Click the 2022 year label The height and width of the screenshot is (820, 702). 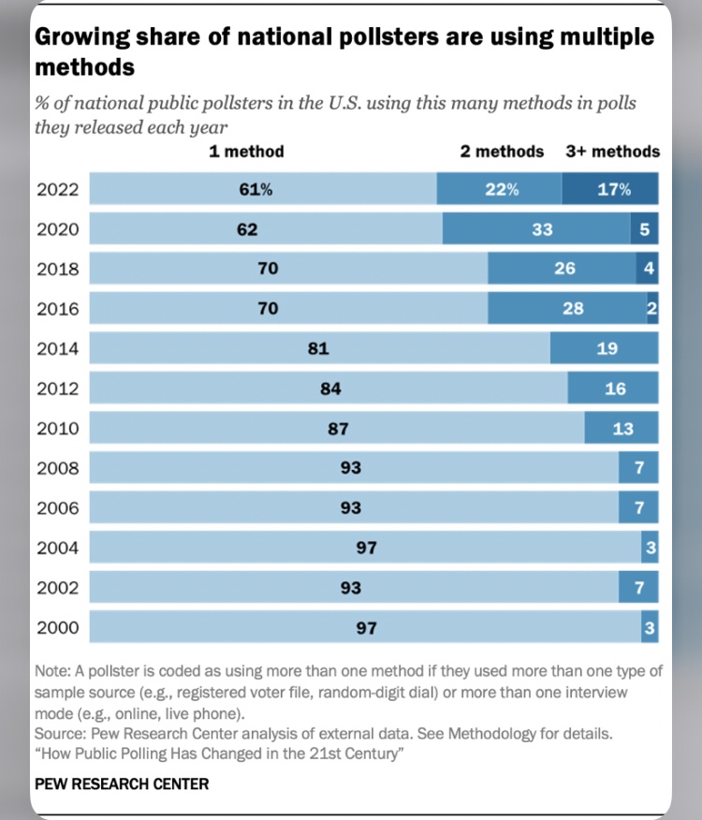[x=58, y=190]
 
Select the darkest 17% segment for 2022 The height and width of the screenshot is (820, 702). [x=610, y=190]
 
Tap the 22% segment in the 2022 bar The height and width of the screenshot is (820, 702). [x=500, y=190]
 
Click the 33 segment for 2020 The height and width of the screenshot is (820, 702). [x=542, y=229]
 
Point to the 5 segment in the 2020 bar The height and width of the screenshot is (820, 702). [x=645, y=229]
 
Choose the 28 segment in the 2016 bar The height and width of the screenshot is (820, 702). [x=573, y=308]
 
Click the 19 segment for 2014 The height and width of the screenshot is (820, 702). [x=606, y=349]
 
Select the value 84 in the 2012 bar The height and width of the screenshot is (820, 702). [x=329, y=388]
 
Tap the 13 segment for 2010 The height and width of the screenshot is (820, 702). [x=622, y=429]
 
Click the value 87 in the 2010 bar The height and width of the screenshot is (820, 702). [x=338, y=429]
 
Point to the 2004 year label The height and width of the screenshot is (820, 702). [x=58, y=549]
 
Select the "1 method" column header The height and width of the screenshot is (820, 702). [x=247, y=152]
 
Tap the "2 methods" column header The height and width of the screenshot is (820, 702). [x=502, y=152]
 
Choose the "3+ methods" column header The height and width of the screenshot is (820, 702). [x=612, y=152]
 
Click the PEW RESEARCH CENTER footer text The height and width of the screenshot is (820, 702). [x=122, y=783]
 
